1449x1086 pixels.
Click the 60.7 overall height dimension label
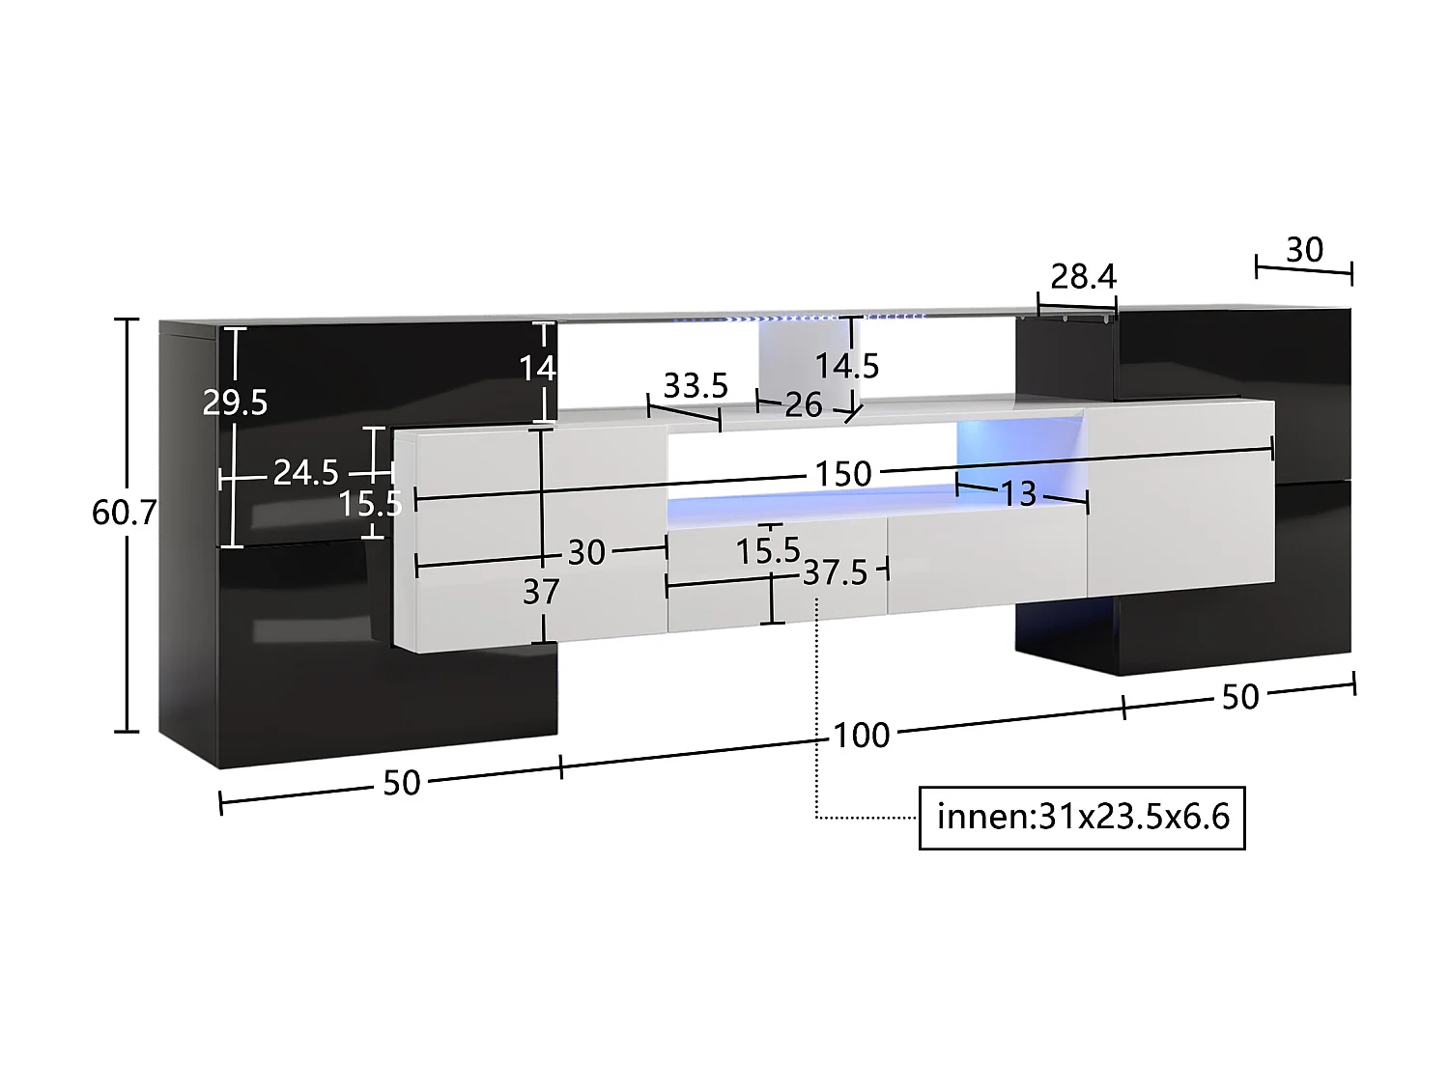tap(123, 513)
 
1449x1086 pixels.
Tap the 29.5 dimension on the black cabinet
tap(235, 402)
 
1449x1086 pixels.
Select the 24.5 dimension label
tap(305, 472)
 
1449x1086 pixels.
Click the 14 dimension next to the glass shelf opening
tap(537, 368)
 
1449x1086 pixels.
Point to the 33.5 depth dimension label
tap(695, 386)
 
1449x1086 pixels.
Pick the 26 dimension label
tap(803, 404)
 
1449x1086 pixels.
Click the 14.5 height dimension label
tap(847, 366)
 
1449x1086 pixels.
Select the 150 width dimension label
tap(842, 474)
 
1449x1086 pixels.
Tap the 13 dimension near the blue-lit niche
tap(1017, 494)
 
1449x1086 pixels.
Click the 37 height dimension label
tap(541, 592)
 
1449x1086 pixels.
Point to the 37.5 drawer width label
tap(836, 573)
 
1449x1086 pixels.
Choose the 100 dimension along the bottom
tap(861, 736)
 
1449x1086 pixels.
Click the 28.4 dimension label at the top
tap(1083, 277)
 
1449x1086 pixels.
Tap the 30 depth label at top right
tap(1303, 250)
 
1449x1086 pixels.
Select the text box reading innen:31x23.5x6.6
tap(1082, 818)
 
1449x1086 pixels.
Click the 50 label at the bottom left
tap(401, 783)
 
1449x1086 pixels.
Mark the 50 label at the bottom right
tap(1240, 697)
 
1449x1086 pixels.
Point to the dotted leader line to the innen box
tap(818, 714)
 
